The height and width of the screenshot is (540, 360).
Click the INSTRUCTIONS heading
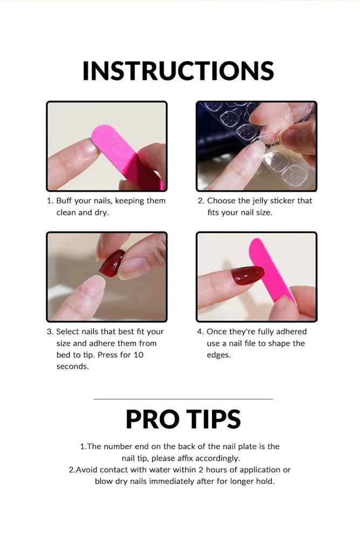click(x=178, y=71)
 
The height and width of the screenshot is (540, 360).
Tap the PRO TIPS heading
click(x=183, y=419)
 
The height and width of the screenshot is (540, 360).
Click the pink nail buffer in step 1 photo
click(x=126, y=156)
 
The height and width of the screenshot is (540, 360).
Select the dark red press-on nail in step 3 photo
click(x=112, y=263)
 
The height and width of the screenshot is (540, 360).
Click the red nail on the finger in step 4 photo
click(x=247, y=275)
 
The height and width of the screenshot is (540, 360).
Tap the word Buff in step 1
click(x=64, y=200)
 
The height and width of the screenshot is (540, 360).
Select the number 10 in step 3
click(x=138, y=355)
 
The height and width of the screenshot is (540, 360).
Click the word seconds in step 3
click(x=72, y=367)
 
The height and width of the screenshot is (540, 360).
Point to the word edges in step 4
click(x=219, y=355)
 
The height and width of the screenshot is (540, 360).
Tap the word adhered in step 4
click(x=291, y=332)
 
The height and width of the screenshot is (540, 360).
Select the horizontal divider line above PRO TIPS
click(x=183, y=399)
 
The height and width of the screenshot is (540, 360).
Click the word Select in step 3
click(x=67, y=332)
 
